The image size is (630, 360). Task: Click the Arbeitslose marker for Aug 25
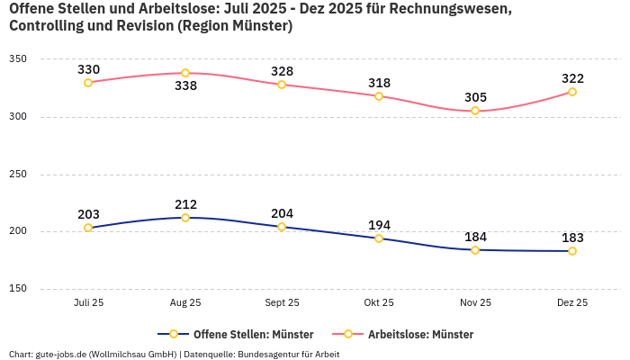(185, 73)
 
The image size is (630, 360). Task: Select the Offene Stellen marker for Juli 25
(88, 228)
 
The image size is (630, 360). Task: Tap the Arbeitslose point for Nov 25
(475, 111)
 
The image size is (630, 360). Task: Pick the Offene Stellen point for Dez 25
(572, 251)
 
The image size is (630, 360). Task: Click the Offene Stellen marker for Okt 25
(379, 238)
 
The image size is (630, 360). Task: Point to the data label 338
(185, 87)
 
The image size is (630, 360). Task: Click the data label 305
(475, 97)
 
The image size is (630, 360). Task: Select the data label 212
(185, 204)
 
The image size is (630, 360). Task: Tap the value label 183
(572, 238)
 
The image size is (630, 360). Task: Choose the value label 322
(572, 78)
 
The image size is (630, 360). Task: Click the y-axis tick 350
(18, 59)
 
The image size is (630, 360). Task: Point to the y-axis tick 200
(18, 231)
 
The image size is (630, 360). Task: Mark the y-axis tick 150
(18, 289)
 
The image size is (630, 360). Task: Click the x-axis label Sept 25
(282, 303)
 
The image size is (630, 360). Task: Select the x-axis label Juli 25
(88, 303)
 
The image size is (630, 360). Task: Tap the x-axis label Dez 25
(572, 303)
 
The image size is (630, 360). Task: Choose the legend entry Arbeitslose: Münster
(409, 334)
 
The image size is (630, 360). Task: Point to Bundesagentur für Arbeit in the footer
(288, 354)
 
